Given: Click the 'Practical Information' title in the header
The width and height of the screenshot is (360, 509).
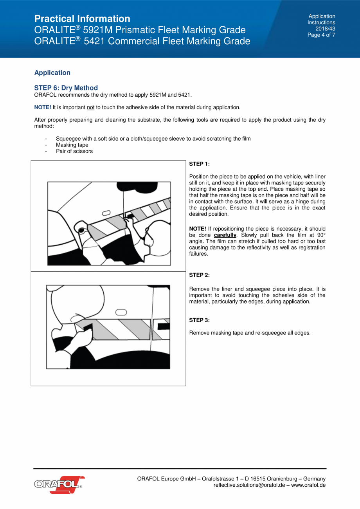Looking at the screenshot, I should pos(82,19).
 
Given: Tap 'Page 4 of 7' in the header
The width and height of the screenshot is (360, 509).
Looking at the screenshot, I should pos(321,35).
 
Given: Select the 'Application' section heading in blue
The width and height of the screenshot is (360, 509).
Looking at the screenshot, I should pos(52,73).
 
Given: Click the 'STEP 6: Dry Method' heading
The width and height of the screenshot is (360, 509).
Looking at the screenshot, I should pos(66,88).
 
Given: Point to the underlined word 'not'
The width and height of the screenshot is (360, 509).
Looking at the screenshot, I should pos(90,107).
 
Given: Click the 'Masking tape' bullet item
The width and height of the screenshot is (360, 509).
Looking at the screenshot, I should pos(72,145).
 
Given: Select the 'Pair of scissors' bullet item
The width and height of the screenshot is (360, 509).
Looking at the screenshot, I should pos(74,151).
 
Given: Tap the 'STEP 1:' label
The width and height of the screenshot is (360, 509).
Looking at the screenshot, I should pos(200,164).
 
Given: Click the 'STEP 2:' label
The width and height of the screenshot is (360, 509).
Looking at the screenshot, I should pos(200,275).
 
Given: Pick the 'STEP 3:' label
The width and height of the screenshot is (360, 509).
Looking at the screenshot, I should pos(200,320).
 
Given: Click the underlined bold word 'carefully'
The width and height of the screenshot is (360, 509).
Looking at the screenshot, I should pos(225,235).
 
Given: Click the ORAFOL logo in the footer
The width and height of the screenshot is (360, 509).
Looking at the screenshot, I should pos(59,485).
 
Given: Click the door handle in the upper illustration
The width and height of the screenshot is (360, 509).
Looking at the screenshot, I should pos(106,213).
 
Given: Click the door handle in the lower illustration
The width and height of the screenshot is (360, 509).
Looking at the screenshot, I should pos(121,312).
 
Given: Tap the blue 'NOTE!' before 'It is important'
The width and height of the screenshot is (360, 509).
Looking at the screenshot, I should pos(43,107).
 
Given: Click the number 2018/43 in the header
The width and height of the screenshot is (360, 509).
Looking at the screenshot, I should pos(325,29).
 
